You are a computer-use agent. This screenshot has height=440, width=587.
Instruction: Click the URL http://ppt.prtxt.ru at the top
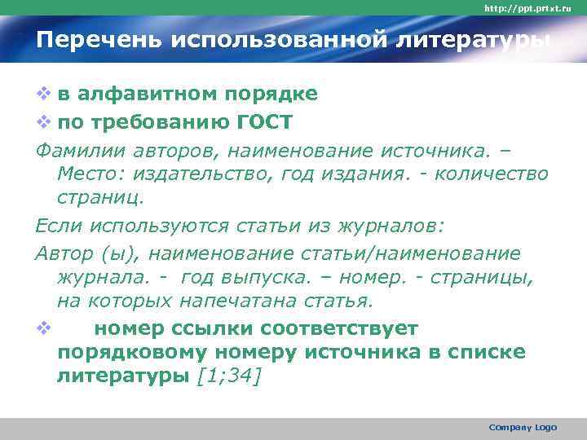(533, 8)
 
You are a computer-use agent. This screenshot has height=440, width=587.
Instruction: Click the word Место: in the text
(90, 174)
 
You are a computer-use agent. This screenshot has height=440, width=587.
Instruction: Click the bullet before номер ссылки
(43, 328)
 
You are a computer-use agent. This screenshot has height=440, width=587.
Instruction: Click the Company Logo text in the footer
(523, 427)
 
